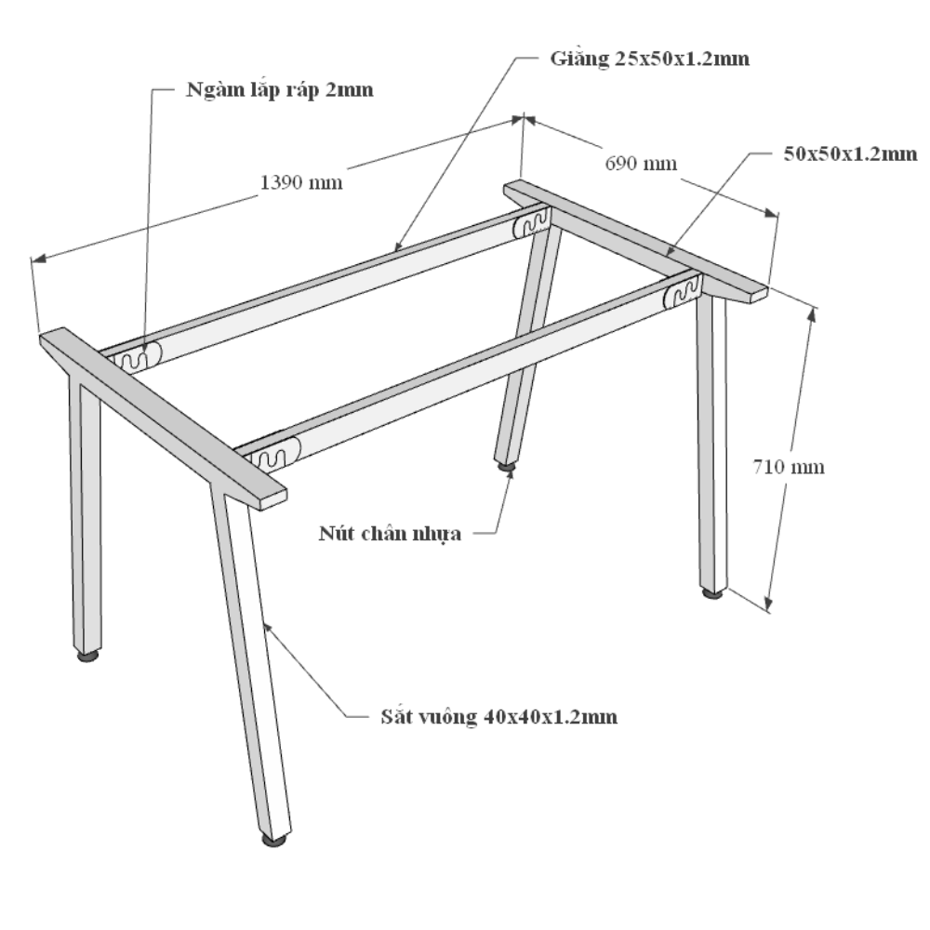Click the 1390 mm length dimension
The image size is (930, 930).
pyautogui.click(x=301, y=182)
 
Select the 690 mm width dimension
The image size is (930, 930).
pyautogui.click(x=641, y=163)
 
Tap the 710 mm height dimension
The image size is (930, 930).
pyautogui.click(x=789, y=467)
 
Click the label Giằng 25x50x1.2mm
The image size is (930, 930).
pyautogui.click(x=649, y=59)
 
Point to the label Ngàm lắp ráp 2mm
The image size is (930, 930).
pyautogui.click(x=279, y=90)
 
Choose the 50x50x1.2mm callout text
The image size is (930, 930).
pyautogui.click(x=850, y=154)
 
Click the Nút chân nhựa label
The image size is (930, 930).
pyautogui.click(x=390, y=533)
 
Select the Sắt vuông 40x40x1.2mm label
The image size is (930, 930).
pyautogui.click(x=498, y=716)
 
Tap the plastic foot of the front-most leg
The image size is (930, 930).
pyautogui.click(x=274, y=839)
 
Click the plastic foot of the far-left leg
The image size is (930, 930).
pyautogui.click(x=87, y=656)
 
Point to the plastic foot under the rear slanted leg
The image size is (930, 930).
pyautogui.click(x=506, y=467)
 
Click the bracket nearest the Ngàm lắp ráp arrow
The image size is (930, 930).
pyautogui.click(x=137, y=357)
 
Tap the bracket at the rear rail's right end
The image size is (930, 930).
pyautogui.click(x=531, y=222)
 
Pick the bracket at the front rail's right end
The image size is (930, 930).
pyautogui.click(x=682, y=292)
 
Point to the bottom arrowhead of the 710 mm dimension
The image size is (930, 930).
pyautogui.click(x=769, y=603)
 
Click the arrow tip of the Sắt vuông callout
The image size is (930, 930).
pyautogui.click(x=265, y=623)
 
